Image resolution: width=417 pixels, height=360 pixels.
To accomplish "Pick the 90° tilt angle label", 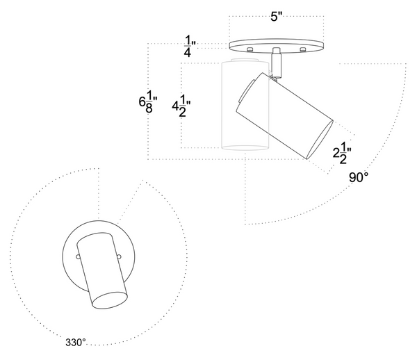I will pos(359,178).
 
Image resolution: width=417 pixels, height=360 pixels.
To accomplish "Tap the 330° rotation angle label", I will pos(76,342).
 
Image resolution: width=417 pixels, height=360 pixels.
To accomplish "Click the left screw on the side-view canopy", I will pos(250,49).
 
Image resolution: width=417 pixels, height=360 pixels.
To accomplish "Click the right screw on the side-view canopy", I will pos(302,49).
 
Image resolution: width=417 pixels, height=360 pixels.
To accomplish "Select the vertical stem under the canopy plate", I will pos(277,61).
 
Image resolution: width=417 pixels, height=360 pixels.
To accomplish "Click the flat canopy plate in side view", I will pos(276,44).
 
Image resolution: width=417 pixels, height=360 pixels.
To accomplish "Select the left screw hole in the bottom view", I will pos(79,256).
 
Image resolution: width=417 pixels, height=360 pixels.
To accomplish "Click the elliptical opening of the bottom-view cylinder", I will pos(109,300).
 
